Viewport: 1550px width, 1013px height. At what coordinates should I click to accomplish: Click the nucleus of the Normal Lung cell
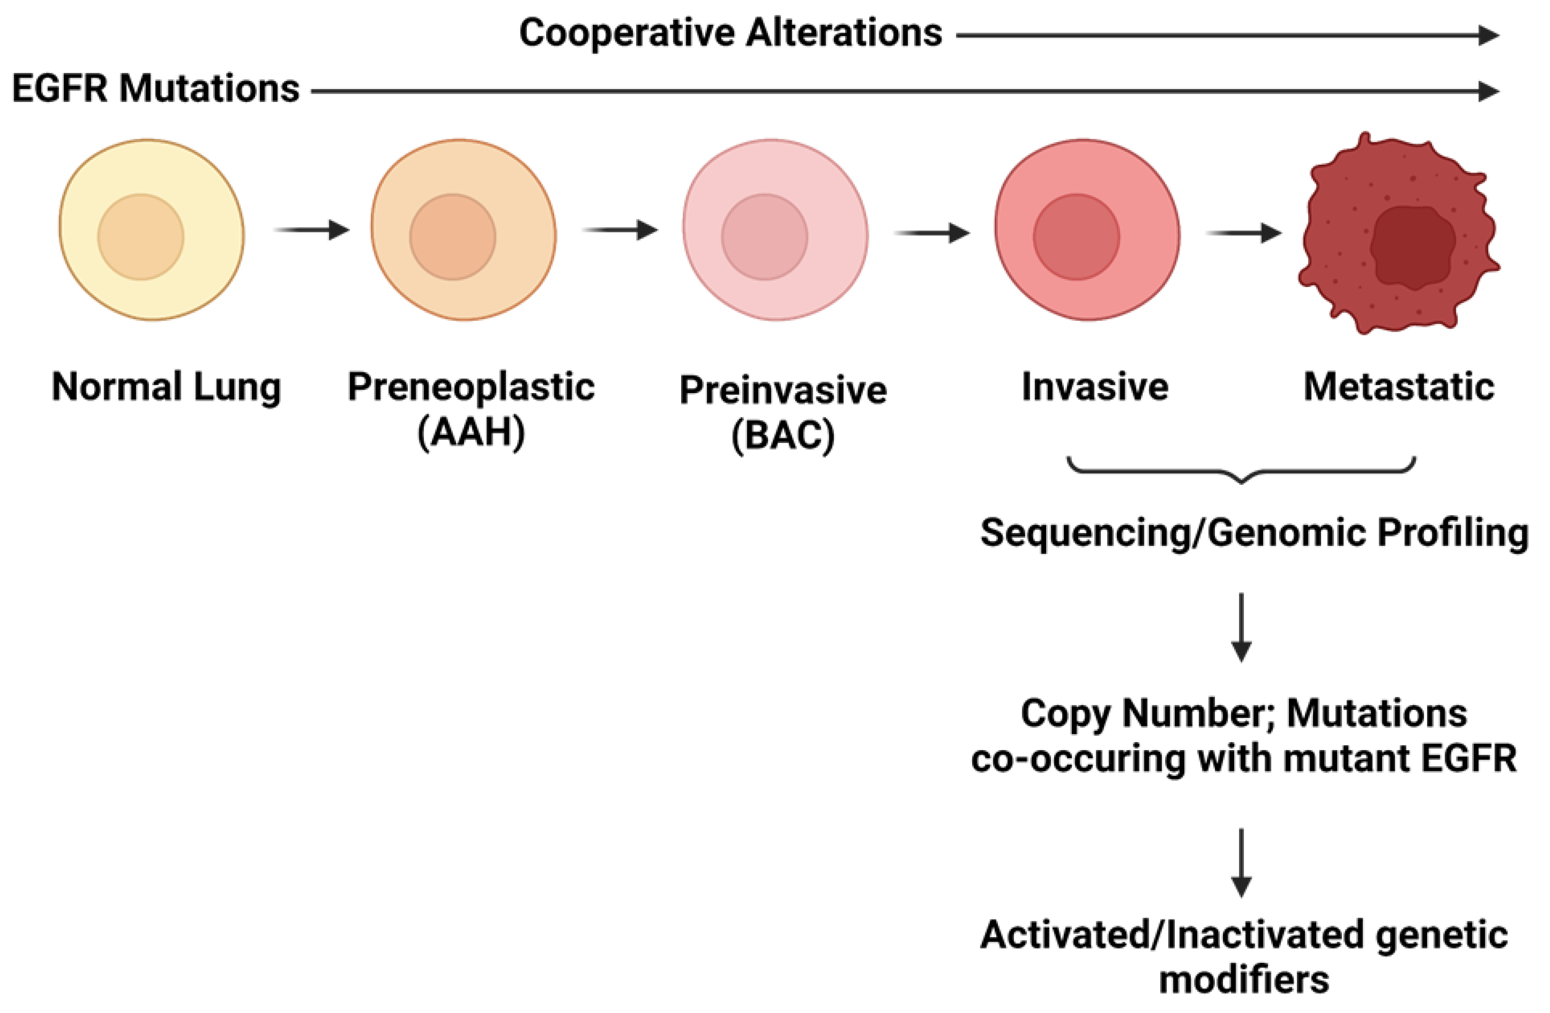(x=141, y=236)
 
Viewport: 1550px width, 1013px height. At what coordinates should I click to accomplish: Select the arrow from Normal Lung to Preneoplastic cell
(x=311, y=229)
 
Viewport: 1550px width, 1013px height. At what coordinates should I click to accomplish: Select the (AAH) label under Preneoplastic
(x=471, y=431)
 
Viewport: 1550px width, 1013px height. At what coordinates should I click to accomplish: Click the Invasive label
(x=1095, y=387)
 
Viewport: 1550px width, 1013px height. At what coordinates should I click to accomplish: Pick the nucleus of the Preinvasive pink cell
(x=765, y=236)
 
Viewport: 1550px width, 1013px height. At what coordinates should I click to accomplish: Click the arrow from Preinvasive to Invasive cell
(x=931, y=233)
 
